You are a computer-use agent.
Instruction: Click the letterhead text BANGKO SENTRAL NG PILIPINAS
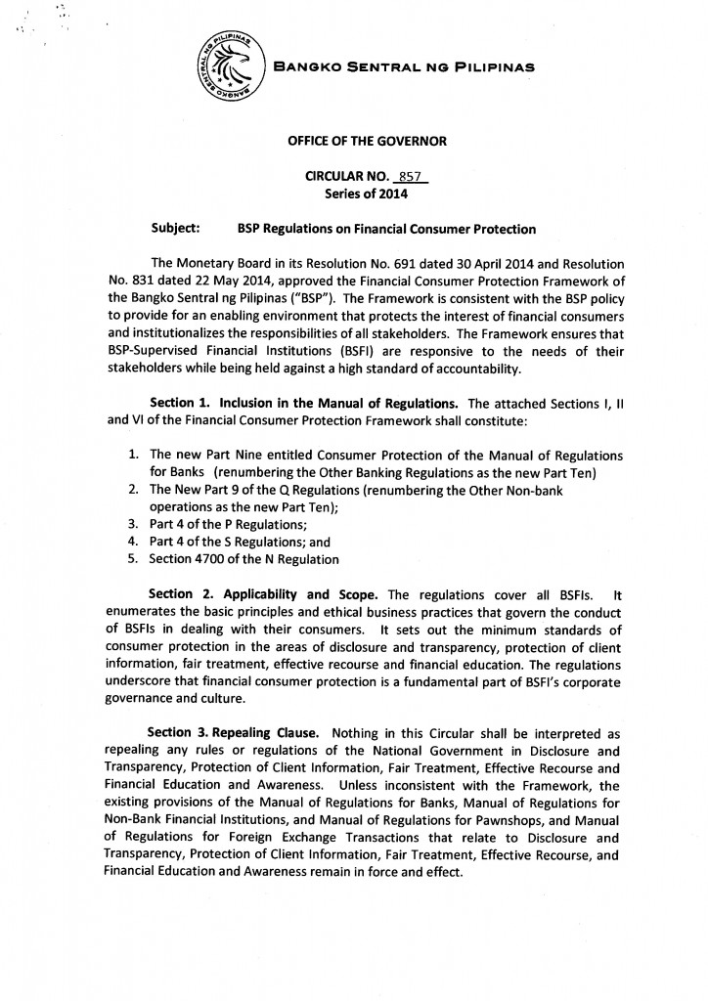click(404, 68)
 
